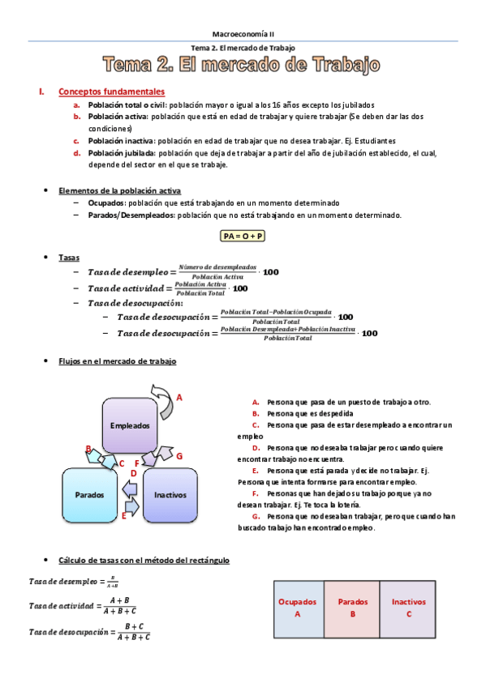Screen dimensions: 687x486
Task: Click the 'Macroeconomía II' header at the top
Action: click(x=243, y=33)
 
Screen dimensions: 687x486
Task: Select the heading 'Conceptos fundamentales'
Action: click(x=112, y=92)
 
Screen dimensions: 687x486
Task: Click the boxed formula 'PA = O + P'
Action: click(x=243, y=236)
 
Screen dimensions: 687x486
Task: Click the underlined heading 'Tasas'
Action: click(x=68, y=257)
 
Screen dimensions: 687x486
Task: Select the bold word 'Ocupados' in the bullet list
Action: click(x=105, y=203)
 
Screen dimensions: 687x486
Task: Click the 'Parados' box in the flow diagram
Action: click(x=89, y=493)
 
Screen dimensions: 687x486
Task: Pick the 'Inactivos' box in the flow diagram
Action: click(x=170, y=493)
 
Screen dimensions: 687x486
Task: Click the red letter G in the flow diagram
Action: click(x=179, y=456)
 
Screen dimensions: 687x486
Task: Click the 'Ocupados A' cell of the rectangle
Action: click(x=298, y=608)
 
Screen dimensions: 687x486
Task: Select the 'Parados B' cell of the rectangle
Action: click(x=353, y=608)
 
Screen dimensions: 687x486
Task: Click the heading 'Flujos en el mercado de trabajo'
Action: click(x=117, y=361)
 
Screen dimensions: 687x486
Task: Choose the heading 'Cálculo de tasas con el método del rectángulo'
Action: click(x=144, y=560)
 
